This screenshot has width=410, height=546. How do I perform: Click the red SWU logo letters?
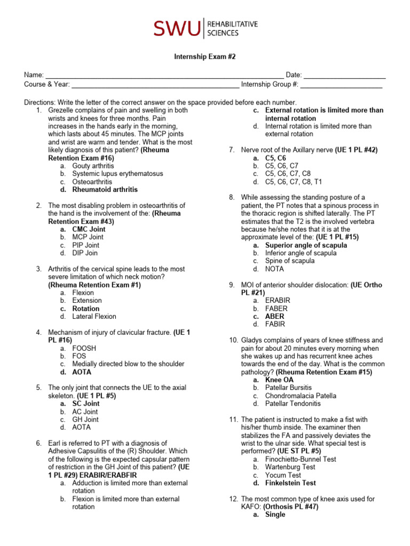tap(177, 28)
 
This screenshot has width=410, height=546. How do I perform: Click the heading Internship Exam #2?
tap(205, 57)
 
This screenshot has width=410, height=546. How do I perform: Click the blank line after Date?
tap(345, 75)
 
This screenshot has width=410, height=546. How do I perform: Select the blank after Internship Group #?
tap(342, 84)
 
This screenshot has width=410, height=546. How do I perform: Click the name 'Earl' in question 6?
tap(56, 443)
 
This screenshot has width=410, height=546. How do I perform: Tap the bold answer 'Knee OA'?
tap(279, 380)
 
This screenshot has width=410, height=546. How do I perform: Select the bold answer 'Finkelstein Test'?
tap(290, 483)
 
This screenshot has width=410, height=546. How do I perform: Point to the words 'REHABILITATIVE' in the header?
tap(232, 24)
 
